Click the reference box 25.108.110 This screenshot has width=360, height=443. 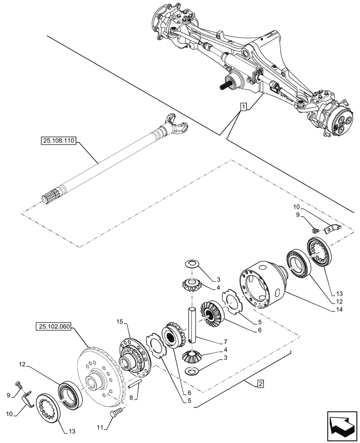[x=59, y=141]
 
